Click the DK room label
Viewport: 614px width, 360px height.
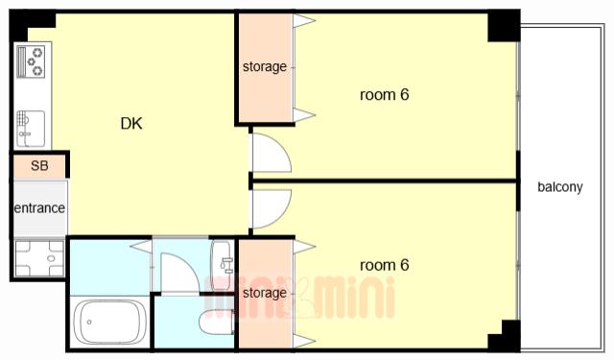coord(131,124)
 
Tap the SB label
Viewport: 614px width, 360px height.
coord(39,166)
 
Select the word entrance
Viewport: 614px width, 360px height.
coord(39,207)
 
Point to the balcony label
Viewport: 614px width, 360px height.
coord(560,187)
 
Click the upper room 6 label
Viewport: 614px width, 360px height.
coord(384,94)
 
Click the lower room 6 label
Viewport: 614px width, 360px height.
coord(384,265)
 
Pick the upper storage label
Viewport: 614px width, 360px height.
coord(265,66)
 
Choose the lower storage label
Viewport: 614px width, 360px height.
coord(265,293)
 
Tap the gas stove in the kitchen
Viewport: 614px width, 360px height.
coord(31,61)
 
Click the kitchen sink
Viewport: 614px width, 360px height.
coord(31,129)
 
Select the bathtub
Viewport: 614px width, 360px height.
coord(110,323)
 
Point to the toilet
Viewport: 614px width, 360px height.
coord(216,322)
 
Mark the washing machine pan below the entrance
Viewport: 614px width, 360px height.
coord(39,258)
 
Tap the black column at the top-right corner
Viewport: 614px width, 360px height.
coord(504,26)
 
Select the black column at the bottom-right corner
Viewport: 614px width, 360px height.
coord(505,335)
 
